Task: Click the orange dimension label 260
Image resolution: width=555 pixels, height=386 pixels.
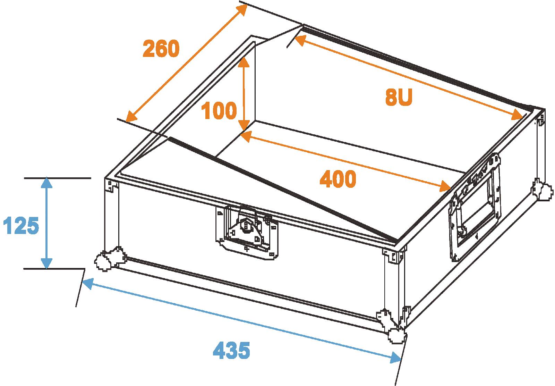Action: point(161,49)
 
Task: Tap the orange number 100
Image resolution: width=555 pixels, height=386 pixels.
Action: point(219,110)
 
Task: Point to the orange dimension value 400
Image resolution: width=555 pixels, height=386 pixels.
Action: point(338,179)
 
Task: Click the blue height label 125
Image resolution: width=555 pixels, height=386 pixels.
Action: point(21,225)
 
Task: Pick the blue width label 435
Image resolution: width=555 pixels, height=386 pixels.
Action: point(231,350)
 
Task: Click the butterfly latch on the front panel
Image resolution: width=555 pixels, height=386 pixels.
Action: point(247,232)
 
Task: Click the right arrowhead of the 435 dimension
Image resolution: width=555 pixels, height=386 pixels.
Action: point(395,358)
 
